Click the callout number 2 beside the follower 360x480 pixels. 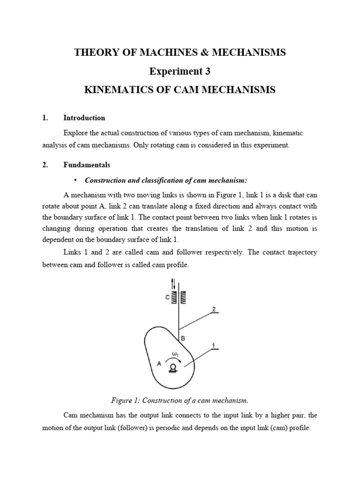[x=214, y=309]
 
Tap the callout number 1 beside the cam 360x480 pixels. [x=214, y=345]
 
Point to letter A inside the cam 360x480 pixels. [x=159, y=363]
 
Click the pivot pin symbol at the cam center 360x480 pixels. [x=173, y=367]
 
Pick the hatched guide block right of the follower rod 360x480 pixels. [x=184, y=297]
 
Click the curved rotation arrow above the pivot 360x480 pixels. [x=173, y=359]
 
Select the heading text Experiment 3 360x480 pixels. [x=180, y=71]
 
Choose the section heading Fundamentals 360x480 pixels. [x=87, y=165]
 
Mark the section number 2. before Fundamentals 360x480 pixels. [x=45, y=165]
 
